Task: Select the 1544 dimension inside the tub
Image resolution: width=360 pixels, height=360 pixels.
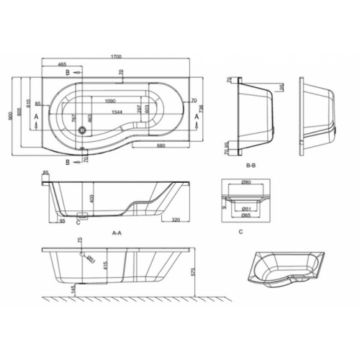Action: (117, 112)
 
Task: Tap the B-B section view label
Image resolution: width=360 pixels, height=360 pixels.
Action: (252, 166)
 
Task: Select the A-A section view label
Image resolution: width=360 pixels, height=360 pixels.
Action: (116, 233)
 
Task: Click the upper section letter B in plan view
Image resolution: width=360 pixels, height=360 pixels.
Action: (67, 73)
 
